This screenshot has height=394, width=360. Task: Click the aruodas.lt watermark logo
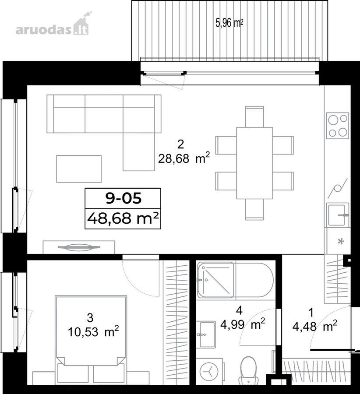click(x=52, y=25)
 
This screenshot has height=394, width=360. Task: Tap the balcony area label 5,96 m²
click(x=229, y=23)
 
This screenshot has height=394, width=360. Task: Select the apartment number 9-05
click(x=123, y=198)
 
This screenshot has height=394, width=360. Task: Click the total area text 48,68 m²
click(x=123, y=218)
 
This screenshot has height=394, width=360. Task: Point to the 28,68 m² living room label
click(x=184, y=158)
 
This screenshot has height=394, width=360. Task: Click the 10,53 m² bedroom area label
click(x=93, y=332)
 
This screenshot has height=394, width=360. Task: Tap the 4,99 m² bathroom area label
click(x=243, y=324)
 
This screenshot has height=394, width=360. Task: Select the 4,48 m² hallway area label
click(x=315, y=327)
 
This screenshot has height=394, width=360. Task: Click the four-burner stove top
click(x=338, y=125)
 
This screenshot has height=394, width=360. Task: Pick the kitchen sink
click(x=338, y=215)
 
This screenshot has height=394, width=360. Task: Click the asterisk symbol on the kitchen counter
click(x=341, y=242)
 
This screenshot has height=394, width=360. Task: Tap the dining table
click(x=254, y=163)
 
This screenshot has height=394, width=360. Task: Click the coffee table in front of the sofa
click(x=79, y=169)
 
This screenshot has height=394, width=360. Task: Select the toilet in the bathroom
click(x=248, y=368)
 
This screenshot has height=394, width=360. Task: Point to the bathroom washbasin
click(x=206, y=334)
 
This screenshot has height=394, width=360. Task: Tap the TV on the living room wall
click(x=79, y=247)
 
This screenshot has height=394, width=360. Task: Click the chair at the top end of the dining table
click(x=254, y=116)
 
